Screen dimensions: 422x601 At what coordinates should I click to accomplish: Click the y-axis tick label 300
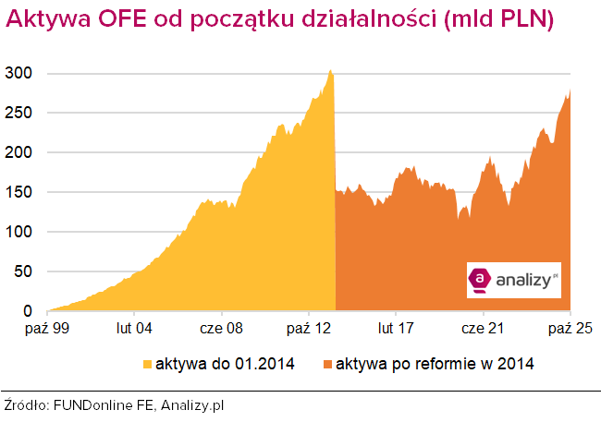click(21, 73)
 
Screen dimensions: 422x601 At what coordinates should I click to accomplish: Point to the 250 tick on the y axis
click(21, 113)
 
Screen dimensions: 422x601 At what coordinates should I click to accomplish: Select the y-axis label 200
click(21, 152)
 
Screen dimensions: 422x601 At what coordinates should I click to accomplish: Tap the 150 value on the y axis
click(21, 192)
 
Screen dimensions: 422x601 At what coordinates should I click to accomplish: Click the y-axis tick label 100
click(21, 232)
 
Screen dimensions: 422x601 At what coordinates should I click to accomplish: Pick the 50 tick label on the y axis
click(25, 271)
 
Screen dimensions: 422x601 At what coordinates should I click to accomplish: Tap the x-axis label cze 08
click(222, 327)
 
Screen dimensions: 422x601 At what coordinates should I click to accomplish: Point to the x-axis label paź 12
click(309, 327)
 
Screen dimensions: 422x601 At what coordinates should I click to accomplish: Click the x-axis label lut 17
click(396, 327)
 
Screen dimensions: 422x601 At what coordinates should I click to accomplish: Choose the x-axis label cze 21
click(483, 327)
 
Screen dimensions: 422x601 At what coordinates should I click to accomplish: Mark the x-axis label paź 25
click(570, 327)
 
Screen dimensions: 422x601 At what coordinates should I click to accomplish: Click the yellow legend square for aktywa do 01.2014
click(146, 364)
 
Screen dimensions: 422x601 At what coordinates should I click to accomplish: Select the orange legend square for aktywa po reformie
click(327, 364)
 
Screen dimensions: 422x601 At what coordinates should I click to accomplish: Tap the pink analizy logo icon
click(481, 279)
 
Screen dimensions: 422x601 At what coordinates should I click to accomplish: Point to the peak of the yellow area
click(330, 71)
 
